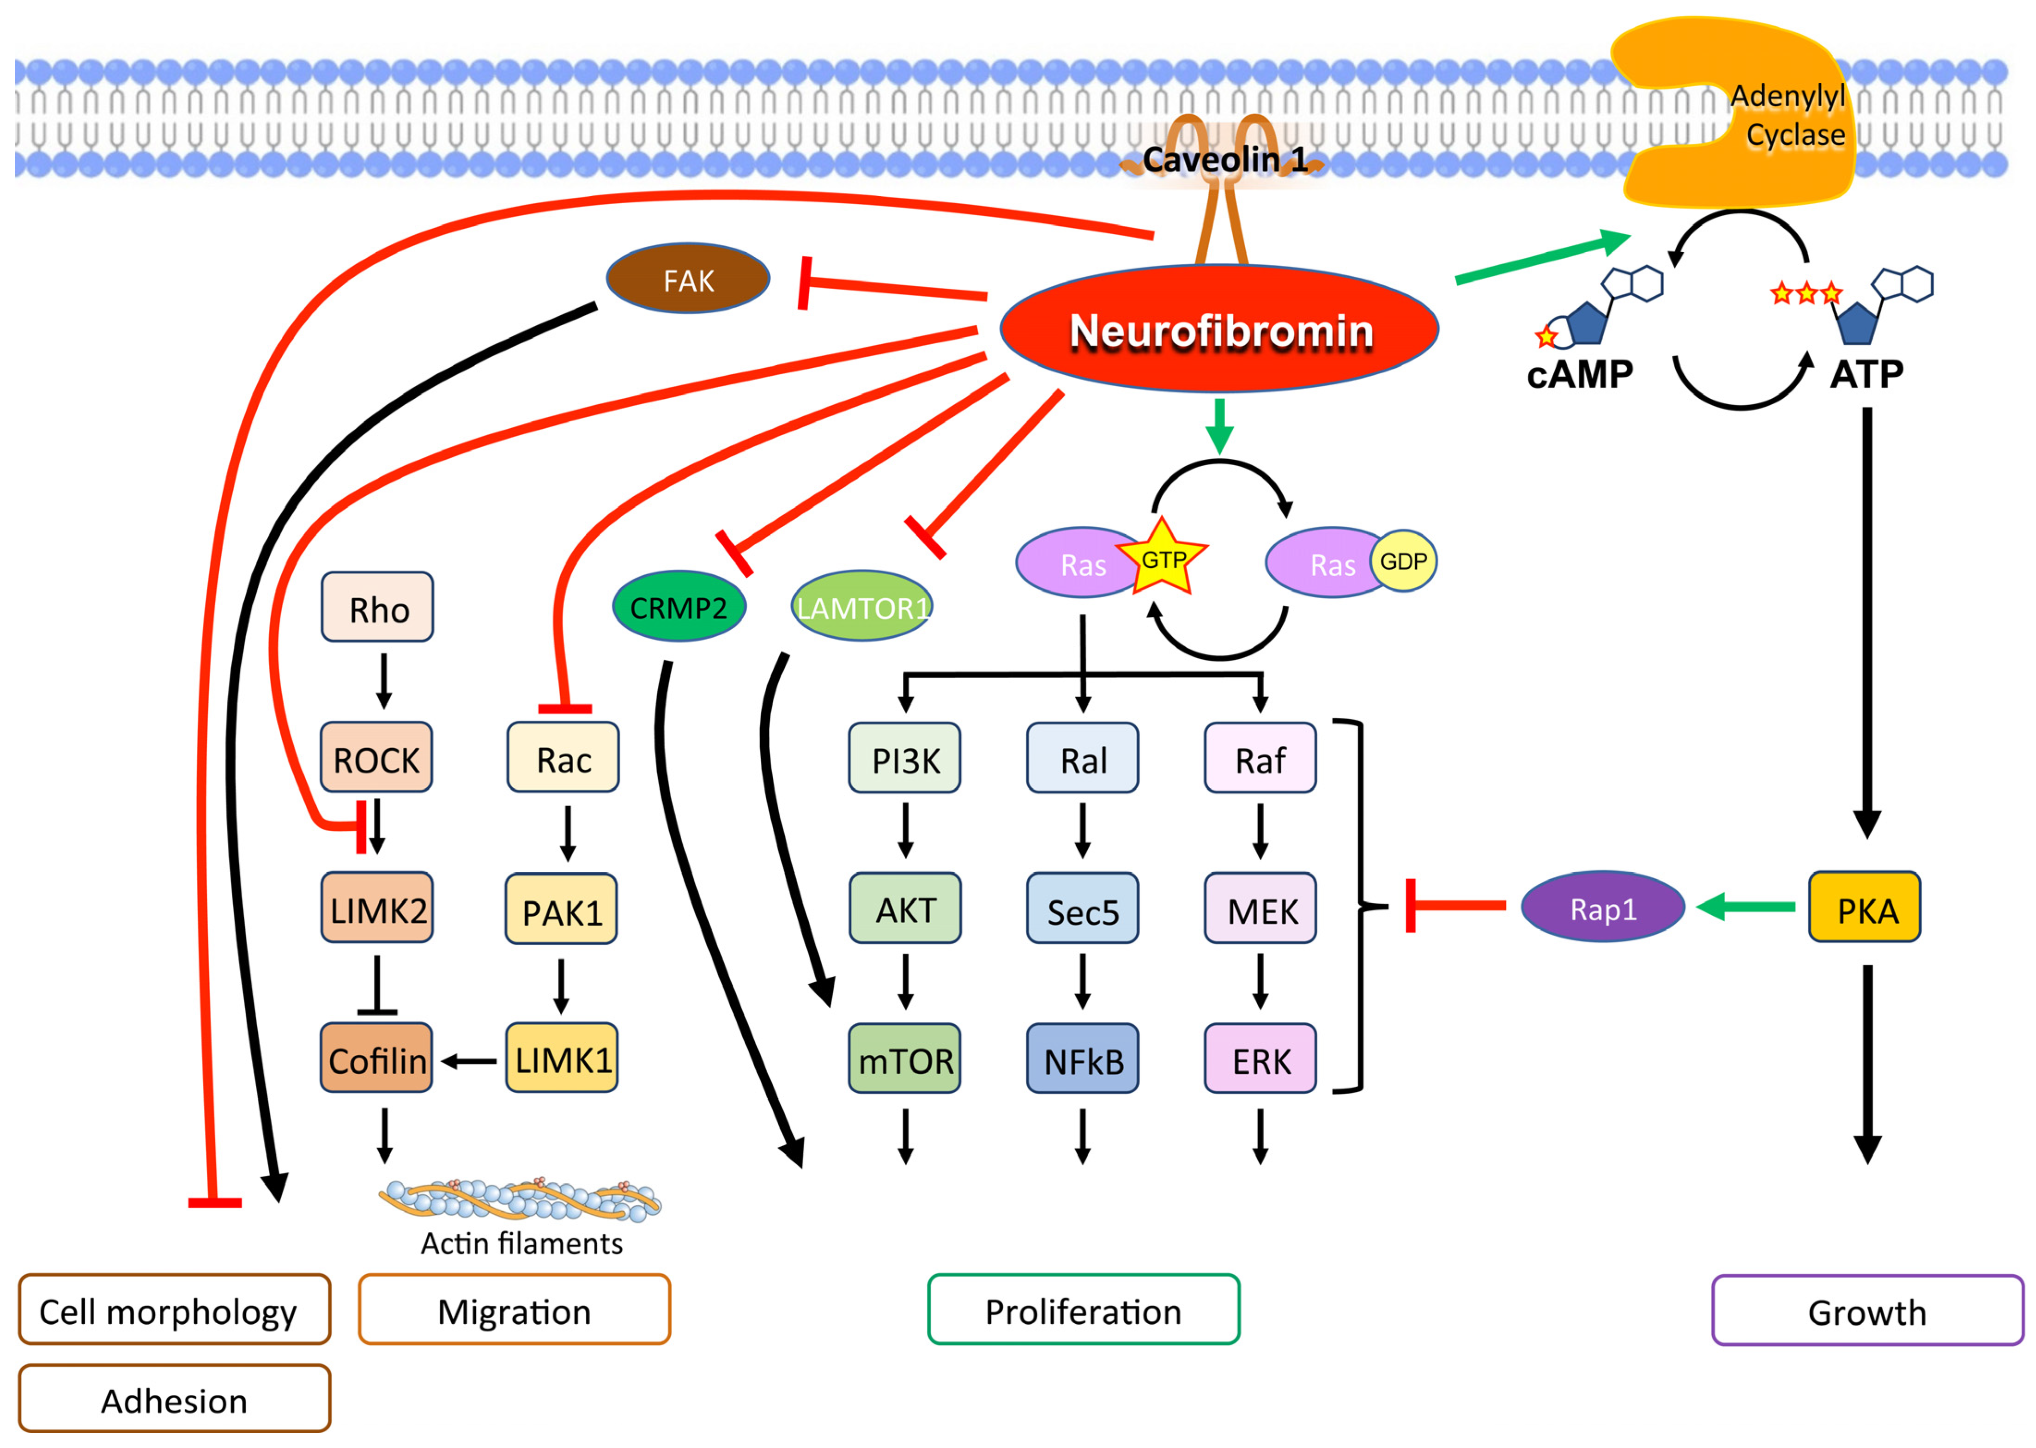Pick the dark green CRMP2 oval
coord(679,607)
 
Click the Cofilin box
coord(376,1059)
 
